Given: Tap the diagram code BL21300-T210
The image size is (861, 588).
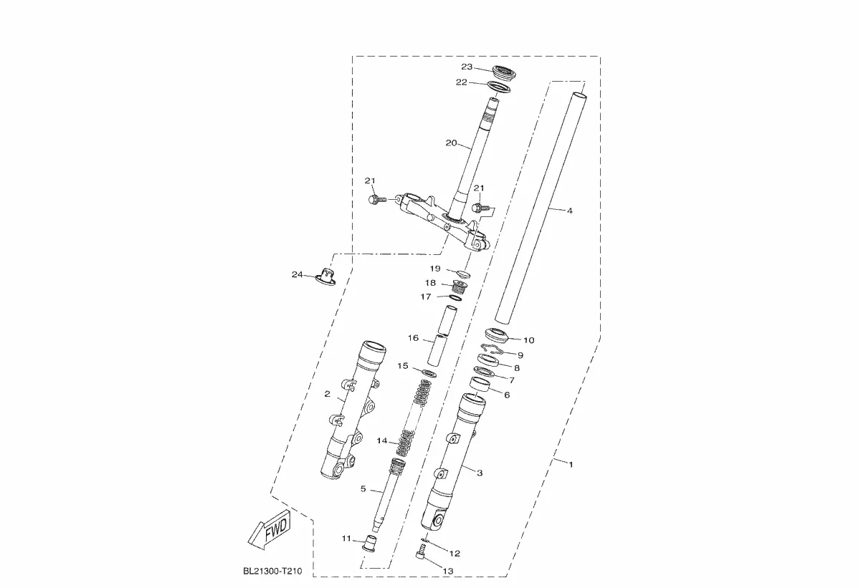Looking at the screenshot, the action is tap(272, 571).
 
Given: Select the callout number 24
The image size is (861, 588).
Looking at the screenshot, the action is tap(297, 274).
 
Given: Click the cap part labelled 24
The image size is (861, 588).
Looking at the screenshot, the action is tap(325, 276).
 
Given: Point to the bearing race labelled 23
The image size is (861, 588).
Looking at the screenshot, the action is tap(504, 73).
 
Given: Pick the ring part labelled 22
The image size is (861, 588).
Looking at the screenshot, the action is tap(499, 87).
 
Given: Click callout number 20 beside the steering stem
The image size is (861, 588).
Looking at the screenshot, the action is tap(451, 143).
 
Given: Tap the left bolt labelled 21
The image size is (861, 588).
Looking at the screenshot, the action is tap(377, 200).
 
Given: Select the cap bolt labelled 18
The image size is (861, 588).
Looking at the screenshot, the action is tap(459, 287).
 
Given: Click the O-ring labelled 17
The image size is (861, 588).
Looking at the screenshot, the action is tap(456, 298).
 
